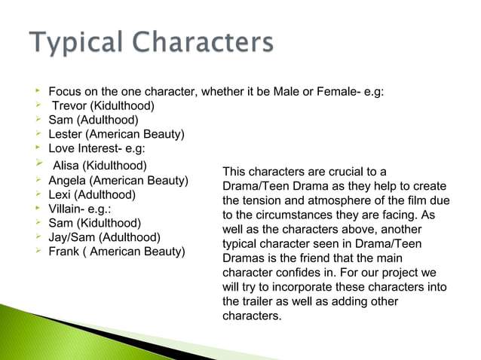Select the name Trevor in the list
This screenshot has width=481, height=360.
click(69, 105)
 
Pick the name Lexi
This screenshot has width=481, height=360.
click(61, 195)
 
